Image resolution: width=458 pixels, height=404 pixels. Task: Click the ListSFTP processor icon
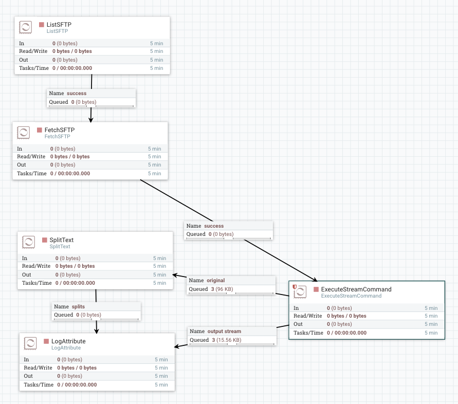coord(26,27)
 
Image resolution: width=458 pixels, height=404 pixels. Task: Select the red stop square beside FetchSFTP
coord(40,130)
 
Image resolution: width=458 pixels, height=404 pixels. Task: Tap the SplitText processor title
coord(61,240)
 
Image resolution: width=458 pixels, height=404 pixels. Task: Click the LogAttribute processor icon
coord(30,343)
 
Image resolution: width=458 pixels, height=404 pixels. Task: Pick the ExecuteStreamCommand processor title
coord(356,289)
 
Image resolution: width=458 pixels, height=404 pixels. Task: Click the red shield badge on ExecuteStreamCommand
coord(295,287)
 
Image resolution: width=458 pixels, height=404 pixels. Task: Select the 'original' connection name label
coord(215,281)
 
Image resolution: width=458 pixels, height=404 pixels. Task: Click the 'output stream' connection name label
coord(224,332)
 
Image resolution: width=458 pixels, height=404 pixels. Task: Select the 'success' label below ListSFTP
coord(77,94)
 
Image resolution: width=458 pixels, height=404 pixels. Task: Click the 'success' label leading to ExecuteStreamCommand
coord(214,226)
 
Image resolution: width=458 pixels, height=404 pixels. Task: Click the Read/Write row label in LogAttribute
coord(38,368)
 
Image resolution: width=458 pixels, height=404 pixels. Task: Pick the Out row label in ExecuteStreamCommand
coord(298,324)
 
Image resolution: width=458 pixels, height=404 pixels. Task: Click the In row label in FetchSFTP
coord(20,149)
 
